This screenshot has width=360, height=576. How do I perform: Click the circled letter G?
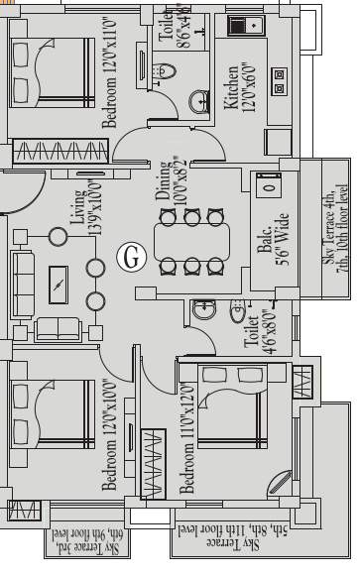click(130, 256)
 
